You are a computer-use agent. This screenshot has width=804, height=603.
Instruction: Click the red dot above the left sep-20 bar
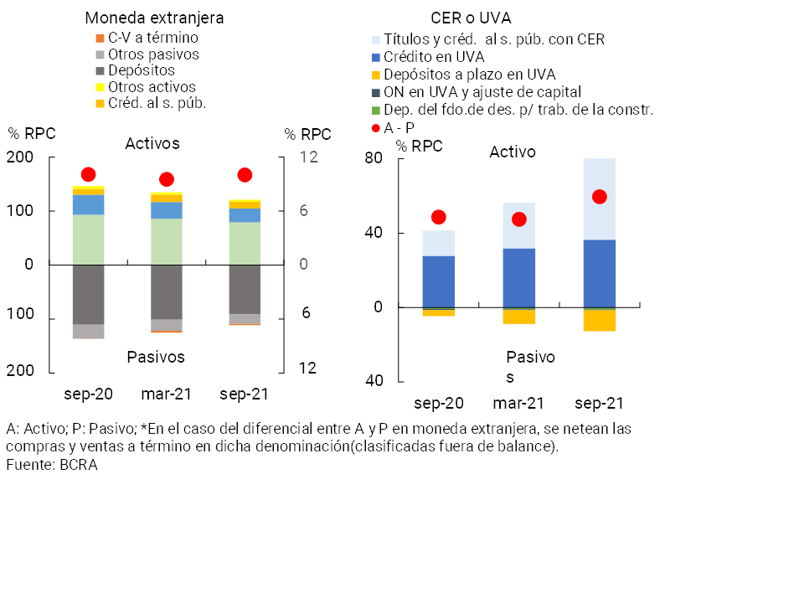click(x=88, y=174)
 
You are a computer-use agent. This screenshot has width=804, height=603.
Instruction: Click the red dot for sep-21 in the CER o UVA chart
click(x=599, y=197)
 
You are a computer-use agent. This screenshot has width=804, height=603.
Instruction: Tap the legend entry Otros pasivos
click(x=153, y=54)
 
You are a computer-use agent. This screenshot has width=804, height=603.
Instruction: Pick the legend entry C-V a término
click(x=153, y=38)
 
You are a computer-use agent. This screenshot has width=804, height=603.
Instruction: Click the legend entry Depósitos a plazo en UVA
click(x=470, y=75)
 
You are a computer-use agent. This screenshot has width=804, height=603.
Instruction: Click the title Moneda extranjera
click(x=155, y=18)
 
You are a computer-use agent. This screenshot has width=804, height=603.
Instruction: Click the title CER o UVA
click(x=471, y=18)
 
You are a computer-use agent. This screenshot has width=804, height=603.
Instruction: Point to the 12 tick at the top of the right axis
click(x=308, y=157)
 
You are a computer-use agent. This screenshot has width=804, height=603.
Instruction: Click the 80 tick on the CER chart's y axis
click(x=373, y=158)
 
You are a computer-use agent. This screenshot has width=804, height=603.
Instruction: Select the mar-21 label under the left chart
click(x=167, y=394)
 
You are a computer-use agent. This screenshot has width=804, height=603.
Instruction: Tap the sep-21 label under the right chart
click(x=599, y=403)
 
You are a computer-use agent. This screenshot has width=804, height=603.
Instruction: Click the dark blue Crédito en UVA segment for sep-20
click(x=438, y=281)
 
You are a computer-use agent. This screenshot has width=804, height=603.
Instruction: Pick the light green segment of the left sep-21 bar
click(x=245, y=243)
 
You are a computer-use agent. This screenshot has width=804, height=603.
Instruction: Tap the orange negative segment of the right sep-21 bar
click(x=599, y=321)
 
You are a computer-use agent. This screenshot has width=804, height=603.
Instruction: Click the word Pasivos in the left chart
click(x=156, y=357)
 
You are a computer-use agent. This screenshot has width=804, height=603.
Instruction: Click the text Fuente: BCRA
click(x=52, y=465)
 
